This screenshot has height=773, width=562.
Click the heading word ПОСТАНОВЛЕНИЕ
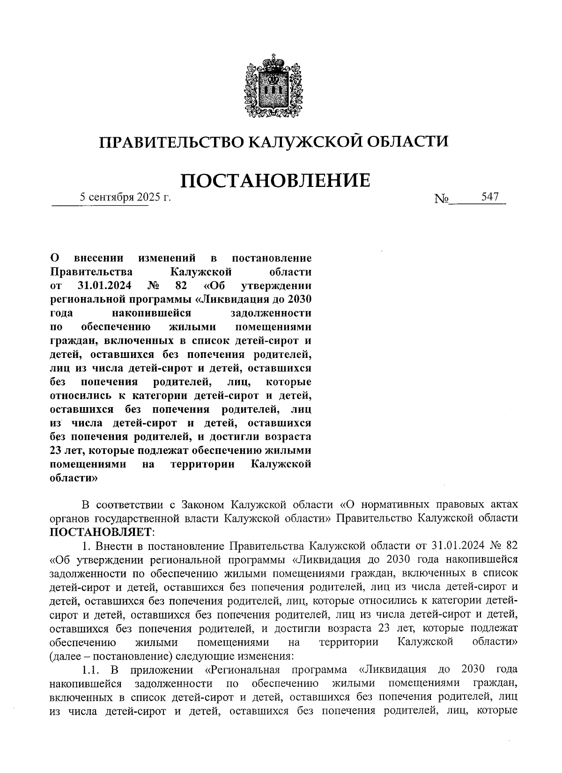click(275, 180)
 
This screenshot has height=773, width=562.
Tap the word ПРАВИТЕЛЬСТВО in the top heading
click(171, 141)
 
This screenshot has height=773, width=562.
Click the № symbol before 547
click(441, 199)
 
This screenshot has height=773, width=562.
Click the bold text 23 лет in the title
click(66, 451)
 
